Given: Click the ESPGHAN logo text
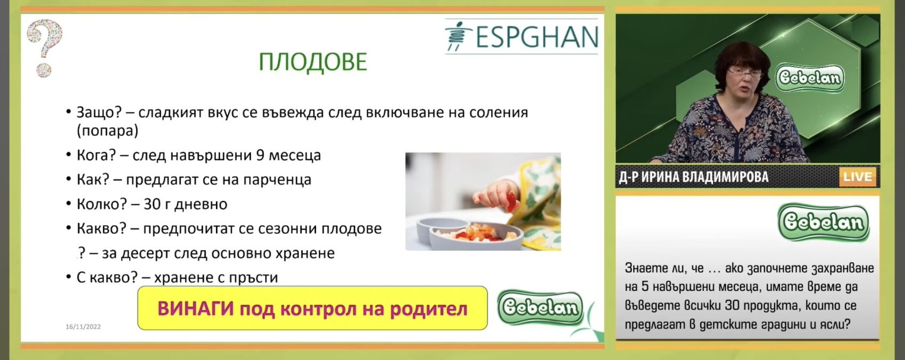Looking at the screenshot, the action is [x=537, y=37].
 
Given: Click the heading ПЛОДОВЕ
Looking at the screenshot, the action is [x=313, y=62].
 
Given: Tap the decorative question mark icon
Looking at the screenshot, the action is [x=45, y=48].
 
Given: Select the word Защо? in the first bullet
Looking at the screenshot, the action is [x=99, y=113].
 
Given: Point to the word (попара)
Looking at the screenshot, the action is [x=107, y=131].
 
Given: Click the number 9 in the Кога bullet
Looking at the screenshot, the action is [x=261, y=155].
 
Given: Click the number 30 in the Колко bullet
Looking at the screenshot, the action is [x=152, y=204].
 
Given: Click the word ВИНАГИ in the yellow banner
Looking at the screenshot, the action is [x=196, y=309].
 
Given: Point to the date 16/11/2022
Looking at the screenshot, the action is [x=83, y=326].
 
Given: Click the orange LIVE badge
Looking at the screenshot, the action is [x=858, y=177].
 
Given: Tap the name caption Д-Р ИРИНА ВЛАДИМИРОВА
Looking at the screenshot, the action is [x=694, y=177].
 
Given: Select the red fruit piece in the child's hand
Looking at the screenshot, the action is [x=512, y=202].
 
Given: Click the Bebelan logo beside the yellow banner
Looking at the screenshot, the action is [x=540, y=307].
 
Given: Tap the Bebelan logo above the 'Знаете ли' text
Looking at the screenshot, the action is [x=824, y=222].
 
